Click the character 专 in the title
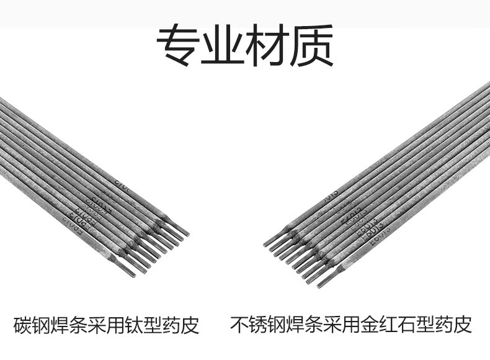(x=177, y=45)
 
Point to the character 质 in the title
(x=313, y=45)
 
